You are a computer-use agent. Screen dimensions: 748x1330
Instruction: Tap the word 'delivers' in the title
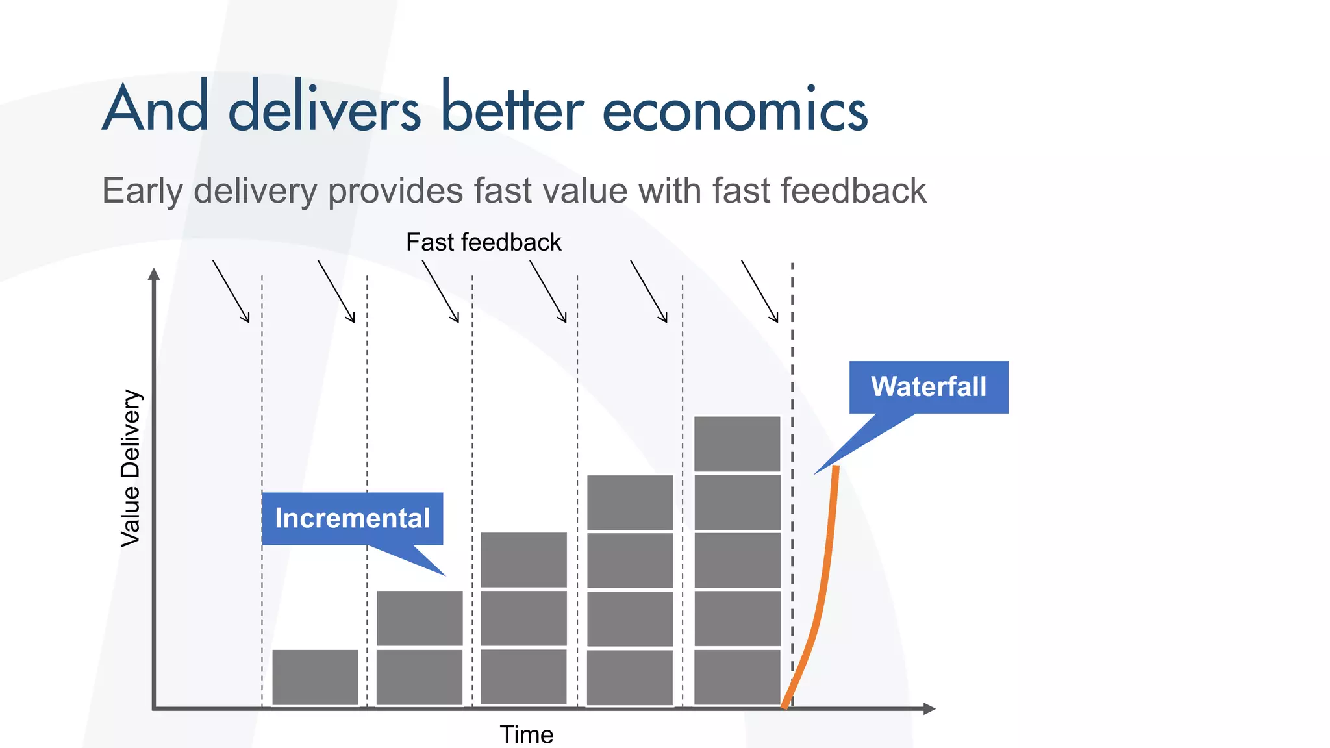pyautogui.click(x=325, y=107)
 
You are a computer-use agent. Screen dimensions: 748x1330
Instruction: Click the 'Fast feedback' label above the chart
pyautogui.click(x=483, y=242)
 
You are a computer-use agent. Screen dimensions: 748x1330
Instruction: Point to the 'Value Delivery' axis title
pyautogui.click(x=131, y=468)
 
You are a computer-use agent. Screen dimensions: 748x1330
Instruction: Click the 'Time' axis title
pyautogui.click(x=526, y=734)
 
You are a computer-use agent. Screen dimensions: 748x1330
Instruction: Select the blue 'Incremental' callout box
pyautogui.click(x=353, y=518)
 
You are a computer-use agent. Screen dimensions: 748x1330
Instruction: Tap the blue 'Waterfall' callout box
pyautogui.click(x=929, y=387)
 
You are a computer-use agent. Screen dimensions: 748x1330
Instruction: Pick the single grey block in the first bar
pyautogui.click(x=315, y=677)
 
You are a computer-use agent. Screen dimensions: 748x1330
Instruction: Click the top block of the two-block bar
pyautogui.click(x=420, y=618)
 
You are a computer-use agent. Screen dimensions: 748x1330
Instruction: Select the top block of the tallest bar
pyautogui.click(x=737, y=443)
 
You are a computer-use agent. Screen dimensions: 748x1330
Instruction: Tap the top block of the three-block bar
pyautogui.click(x=523, y=560)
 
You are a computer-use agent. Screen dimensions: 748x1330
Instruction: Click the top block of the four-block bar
pyautogui.click(x=630, y=502)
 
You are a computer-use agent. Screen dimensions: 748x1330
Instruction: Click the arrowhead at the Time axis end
pyautogui.click(x=929, y=708)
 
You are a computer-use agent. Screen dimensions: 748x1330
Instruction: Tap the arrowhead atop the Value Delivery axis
pyautogui.click(x=154, y=274)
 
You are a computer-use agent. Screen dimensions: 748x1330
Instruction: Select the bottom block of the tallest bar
pyautogui.click(x=737, y=677)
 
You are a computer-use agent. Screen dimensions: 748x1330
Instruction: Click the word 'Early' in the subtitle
pyautogui.click(x=143, y=191)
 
